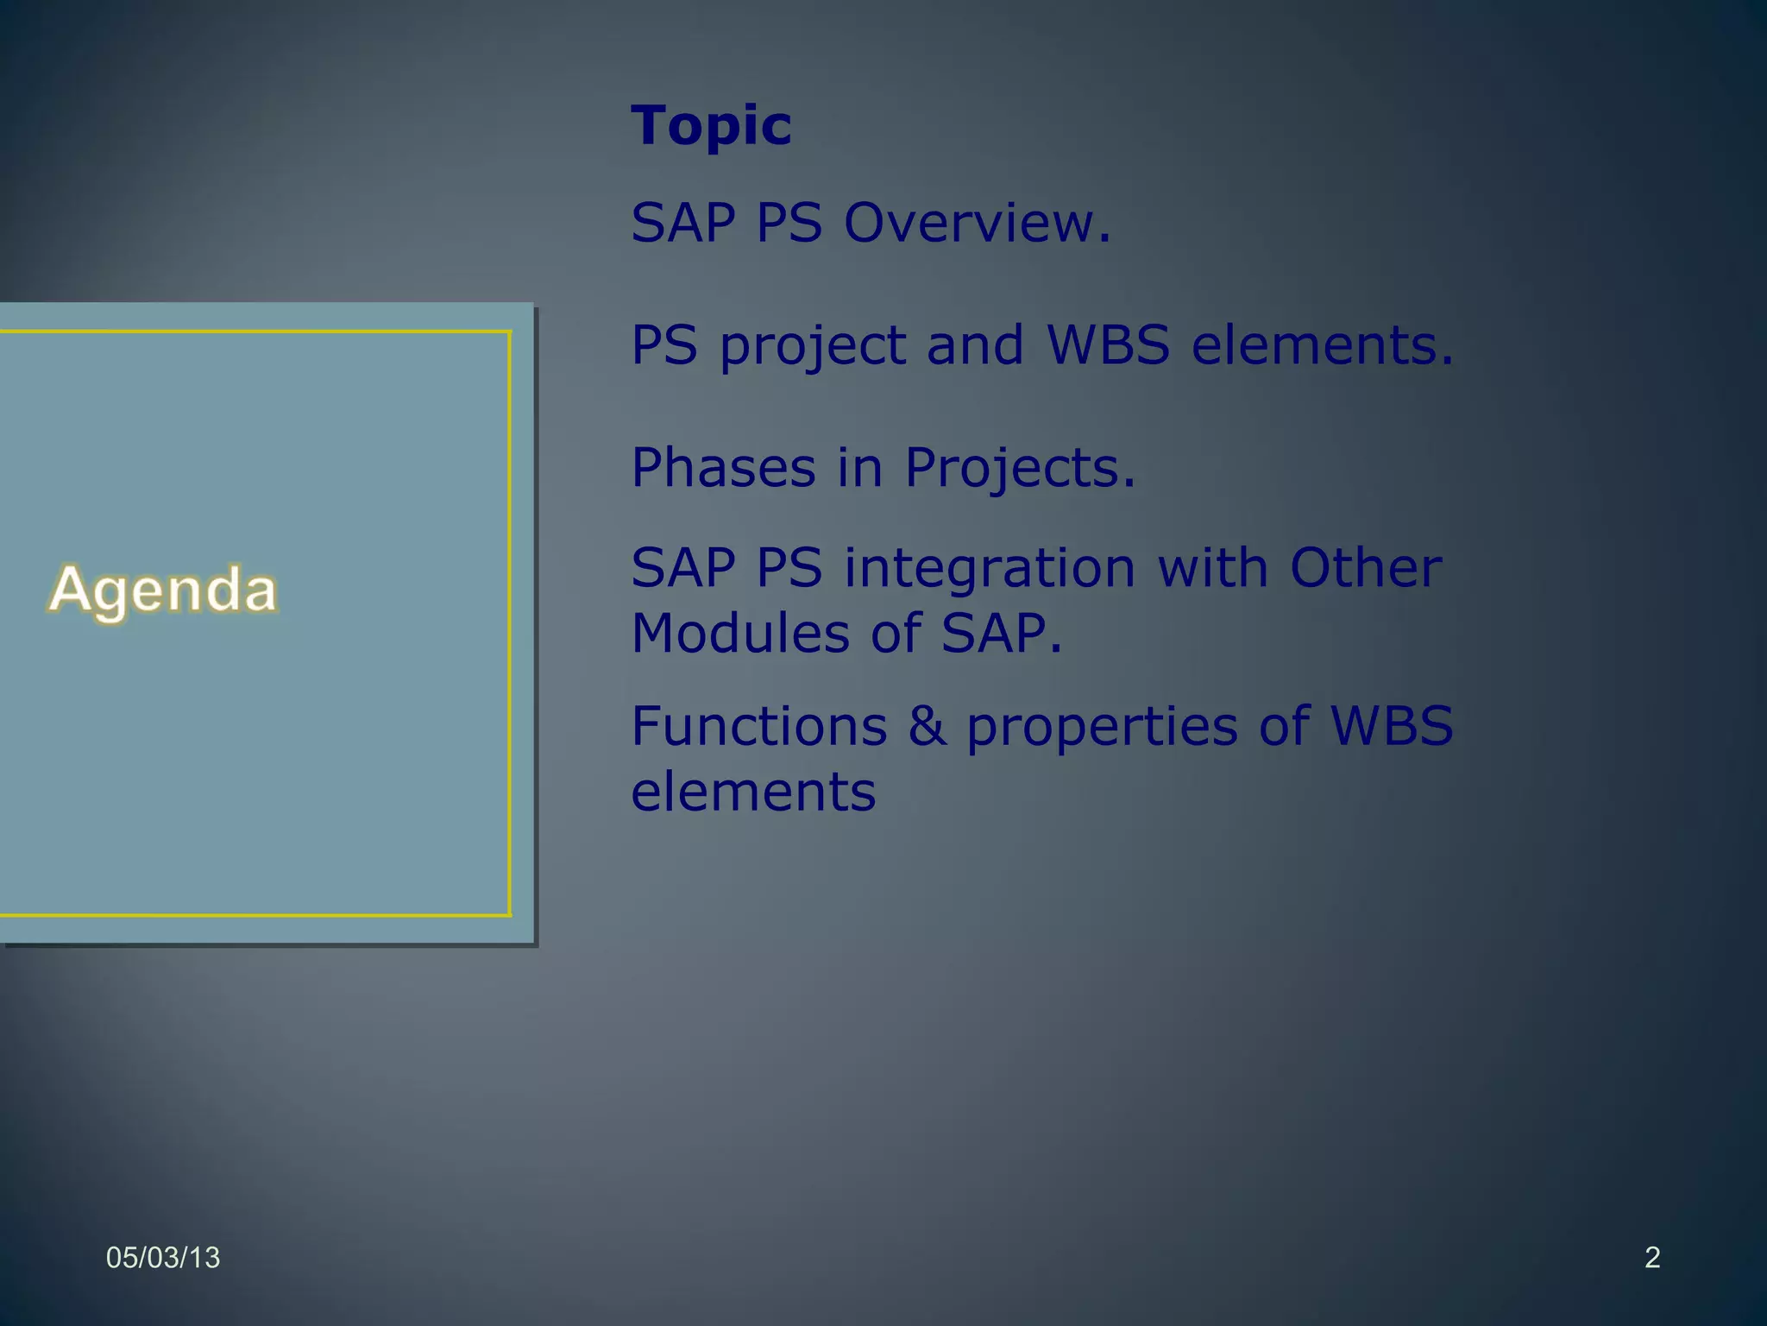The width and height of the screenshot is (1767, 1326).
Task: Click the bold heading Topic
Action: pos(711,127)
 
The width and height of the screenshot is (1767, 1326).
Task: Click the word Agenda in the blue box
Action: pos(163,590)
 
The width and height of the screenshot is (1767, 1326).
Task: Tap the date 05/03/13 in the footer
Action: pos(163,1258)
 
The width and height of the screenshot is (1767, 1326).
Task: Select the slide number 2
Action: pos(1652,1258)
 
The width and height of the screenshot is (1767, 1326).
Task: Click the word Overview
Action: pos(977,223)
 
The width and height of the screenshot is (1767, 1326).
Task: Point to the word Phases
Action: pos(723,468)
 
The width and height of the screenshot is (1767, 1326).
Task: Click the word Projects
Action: pos(1019,470)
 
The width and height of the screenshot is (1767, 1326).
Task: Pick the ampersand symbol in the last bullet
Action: pos(927,726)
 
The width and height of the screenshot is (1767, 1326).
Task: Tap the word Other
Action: pos(1365,568)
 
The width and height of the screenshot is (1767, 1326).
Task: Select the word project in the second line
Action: pos(813,347)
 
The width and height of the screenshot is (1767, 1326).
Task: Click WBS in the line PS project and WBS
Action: pos(1108,345)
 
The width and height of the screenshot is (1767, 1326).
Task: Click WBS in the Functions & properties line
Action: pos(1391,726)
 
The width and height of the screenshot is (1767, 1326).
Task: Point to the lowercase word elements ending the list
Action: pos(753,792)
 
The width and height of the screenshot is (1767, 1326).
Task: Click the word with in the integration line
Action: pos(1212,568)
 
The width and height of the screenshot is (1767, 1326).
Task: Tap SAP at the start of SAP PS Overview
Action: pos(682,223)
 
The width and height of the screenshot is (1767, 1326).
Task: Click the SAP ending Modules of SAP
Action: pos(1000,634)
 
